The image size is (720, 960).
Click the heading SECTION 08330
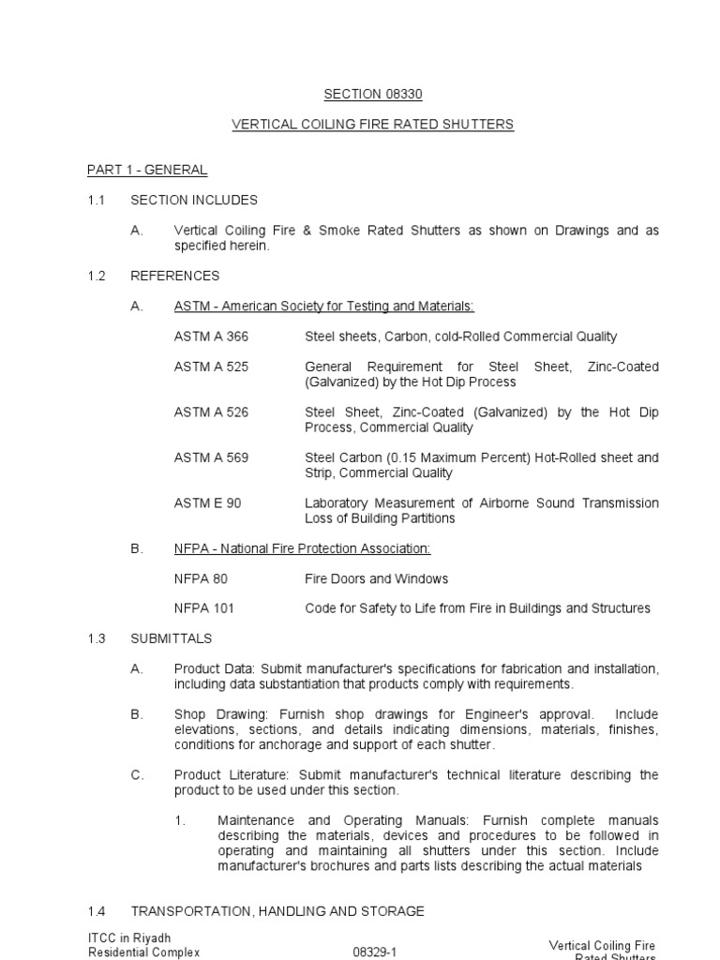point(367,94)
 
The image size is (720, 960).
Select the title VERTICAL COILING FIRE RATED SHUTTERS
point(373,125)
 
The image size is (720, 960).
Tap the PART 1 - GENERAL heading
point(147,170)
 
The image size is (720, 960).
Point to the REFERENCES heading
point(175,276)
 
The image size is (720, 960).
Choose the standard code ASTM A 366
point(211,337)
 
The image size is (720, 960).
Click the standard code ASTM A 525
point(211,367)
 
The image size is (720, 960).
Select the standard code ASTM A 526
point(211,412)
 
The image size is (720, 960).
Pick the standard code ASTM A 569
point(211,457)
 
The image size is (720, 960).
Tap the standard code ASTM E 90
point(207,503)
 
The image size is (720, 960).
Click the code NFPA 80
point(201,578)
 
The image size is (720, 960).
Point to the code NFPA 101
point(204,608)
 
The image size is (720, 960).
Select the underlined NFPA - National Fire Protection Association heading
point(302,548)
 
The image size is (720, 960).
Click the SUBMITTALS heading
point(172,638)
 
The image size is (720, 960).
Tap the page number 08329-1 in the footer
point(374,952)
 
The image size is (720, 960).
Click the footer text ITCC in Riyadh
point(129,938)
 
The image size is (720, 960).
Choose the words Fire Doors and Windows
point(377,578)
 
